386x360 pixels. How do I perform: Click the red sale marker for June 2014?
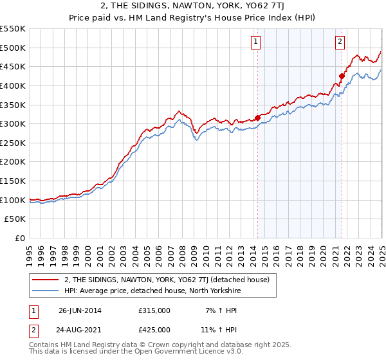click(x=258, y=117)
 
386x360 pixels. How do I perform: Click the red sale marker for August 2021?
click(x=342, y=75)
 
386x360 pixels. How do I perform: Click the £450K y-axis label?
click(x=13, y=66)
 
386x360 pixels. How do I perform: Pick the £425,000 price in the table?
click(x=154, y=329)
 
